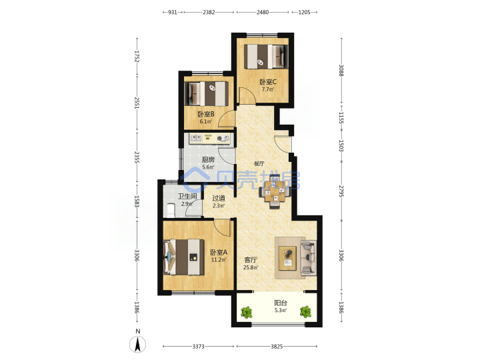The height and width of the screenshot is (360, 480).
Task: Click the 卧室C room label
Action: click(x=268, y=82)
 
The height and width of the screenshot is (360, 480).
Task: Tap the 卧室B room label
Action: click(x=206, y=114)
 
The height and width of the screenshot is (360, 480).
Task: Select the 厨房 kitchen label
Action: click(x=208, y=159)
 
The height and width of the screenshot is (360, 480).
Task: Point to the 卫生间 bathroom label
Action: click(x=187, y=196)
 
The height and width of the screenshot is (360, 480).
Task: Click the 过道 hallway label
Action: click(x=219, y=198)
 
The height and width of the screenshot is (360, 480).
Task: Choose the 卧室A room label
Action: click(x=219, y=253)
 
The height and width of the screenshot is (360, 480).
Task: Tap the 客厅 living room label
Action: click(x=251, y=260)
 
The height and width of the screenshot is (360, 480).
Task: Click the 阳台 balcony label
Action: click(x=281, y=303)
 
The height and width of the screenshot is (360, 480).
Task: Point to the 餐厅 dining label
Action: click(x=259, y=164)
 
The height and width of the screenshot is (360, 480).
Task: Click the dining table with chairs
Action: click(x=275, y=192)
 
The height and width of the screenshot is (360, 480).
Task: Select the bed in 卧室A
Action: click(x=184, y=257)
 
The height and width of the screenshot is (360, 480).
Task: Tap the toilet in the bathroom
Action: click(x=170, y=209)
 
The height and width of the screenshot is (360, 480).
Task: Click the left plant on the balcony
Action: click(x=247, y=312)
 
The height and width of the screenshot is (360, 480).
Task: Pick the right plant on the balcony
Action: click(x=305, y=312)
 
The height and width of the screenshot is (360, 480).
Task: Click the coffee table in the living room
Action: click(x=287, y=258)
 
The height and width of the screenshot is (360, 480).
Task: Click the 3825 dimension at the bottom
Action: click(x=277, y=347)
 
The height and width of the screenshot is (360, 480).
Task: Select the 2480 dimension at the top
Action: click(x=263, y=12)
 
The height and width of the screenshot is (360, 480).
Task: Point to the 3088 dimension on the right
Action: click(x=341, y=71)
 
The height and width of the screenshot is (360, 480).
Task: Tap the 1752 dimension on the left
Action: click(x=137, y=57)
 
